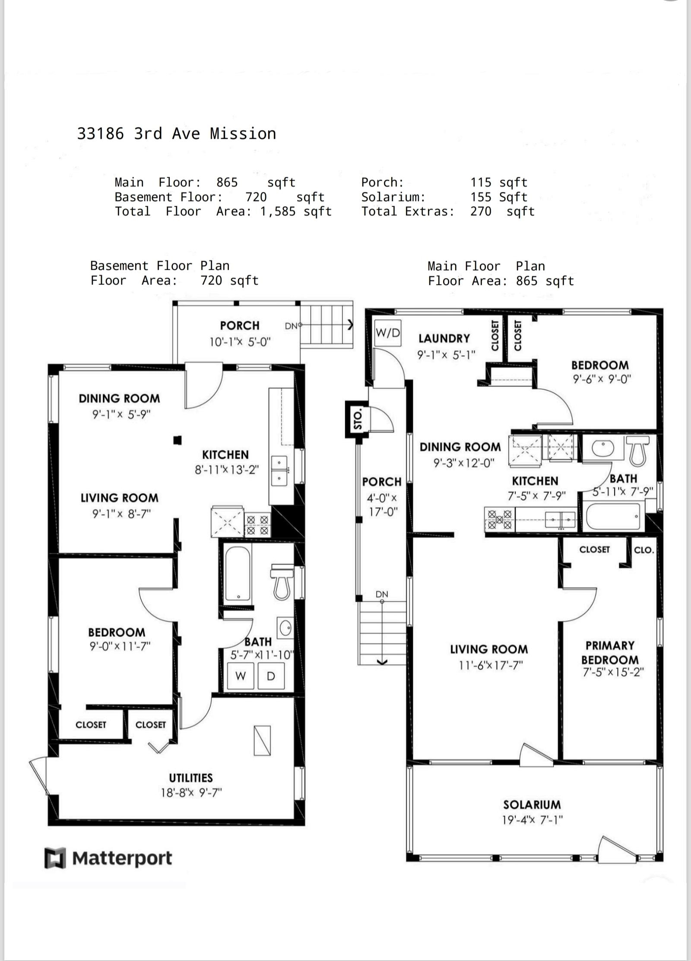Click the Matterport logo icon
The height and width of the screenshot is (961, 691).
tap(55, 858)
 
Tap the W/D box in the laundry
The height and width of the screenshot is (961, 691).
tap(388, 333)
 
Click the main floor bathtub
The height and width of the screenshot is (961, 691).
tap(613, 517)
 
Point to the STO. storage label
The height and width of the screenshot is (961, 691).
tap(357, 420)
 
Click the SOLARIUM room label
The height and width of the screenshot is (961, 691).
tap(532, 805)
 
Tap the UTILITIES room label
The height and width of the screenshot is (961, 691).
tap(191, 778)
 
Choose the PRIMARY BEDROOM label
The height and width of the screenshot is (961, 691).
tap(610, 652)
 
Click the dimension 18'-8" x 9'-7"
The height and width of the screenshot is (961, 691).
tap(191, 792)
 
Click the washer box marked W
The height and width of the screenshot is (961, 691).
tap(241, 676)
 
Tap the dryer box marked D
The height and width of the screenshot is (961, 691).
tap(271, 676)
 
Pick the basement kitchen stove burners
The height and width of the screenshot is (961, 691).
tap(257, 525)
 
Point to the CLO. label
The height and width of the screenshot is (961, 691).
tap(643, 550)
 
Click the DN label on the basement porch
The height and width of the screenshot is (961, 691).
tap(291, 326)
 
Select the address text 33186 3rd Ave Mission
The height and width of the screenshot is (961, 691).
tap(177, 134)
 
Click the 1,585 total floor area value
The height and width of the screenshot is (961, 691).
tap(278, 211)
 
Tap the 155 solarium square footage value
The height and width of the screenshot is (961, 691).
tap(481, 197)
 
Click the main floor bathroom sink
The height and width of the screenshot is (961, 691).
tap(602, 448)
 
